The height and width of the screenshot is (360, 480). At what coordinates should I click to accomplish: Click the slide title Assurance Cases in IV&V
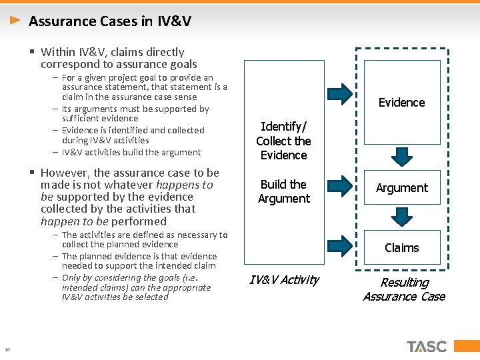(110, 21)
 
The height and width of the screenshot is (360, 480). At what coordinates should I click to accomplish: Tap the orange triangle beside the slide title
(15, 21)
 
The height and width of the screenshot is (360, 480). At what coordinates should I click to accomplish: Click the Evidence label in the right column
(401, 103)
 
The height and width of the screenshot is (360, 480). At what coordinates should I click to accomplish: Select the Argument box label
(401, 188)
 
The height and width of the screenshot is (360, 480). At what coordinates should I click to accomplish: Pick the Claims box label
(401, 248)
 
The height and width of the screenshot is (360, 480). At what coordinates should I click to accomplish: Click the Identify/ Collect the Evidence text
(283, 141)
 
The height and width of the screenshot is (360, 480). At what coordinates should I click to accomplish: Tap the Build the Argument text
(283, 191)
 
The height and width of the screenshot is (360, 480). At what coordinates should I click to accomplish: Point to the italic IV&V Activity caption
(283, 280)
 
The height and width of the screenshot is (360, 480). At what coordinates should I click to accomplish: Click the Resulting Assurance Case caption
(403, 289)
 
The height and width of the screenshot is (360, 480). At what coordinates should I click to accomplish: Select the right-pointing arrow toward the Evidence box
(341, 94)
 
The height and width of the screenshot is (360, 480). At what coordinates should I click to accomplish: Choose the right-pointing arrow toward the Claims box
(341, 245)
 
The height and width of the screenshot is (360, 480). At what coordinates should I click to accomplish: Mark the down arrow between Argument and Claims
(401, 217)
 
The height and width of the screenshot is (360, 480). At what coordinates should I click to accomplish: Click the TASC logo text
(427, 347)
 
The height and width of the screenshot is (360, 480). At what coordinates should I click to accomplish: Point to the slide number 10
(7, 349)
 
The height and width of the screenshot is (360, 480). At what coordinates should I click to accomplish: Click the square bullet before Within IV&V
(32, 52)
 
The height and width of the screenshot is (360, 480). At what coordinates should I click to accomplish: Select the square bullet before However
(32, 173)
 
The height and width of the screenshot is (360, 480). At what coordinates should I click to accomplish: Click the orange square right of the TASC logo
(459, 347)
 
